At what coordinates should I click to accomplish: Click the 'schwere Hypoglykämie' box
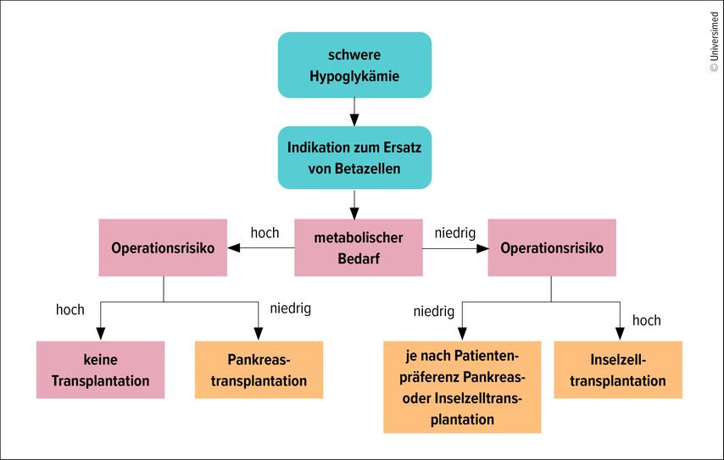pos(354,65)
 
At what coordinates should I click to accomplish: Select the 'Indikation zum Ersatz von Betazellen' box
pos(354,158)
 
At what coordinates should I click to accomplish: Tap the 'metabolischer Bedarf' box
pos(358,247)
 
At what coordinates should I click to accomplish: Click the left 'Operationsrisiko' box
pos(163,247)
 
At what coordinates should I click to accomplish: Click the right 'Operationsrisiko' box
pos(552,247)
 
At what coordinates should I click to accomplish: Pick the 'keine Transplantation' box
pos(100,370)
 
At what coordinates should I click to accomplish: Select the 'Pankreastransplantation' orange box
pos(259,370)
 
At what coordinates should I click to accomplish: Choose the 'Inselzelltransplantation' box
pos(618,370)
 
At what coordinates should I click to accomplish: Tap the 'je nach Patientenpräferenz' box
pos(461,386)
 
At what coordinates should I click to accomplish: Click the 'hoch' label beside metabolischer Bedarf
pos(265,233)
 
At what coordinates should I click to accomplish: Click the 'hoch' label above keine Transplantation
pos(70,310)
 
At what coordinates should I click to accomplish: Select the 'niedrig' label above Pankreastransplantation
pos(290,308)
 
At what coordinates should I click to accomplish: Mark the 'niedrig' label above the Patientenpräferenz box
pos(433,312)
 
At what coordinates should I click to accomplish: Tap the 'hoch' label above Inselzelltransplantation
pos(646,320)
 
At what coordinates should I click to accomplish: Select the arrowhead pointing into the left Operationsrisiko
pos(234,248)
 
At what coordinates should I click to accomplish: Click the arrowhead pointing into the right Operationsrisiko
pos(482,248)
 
